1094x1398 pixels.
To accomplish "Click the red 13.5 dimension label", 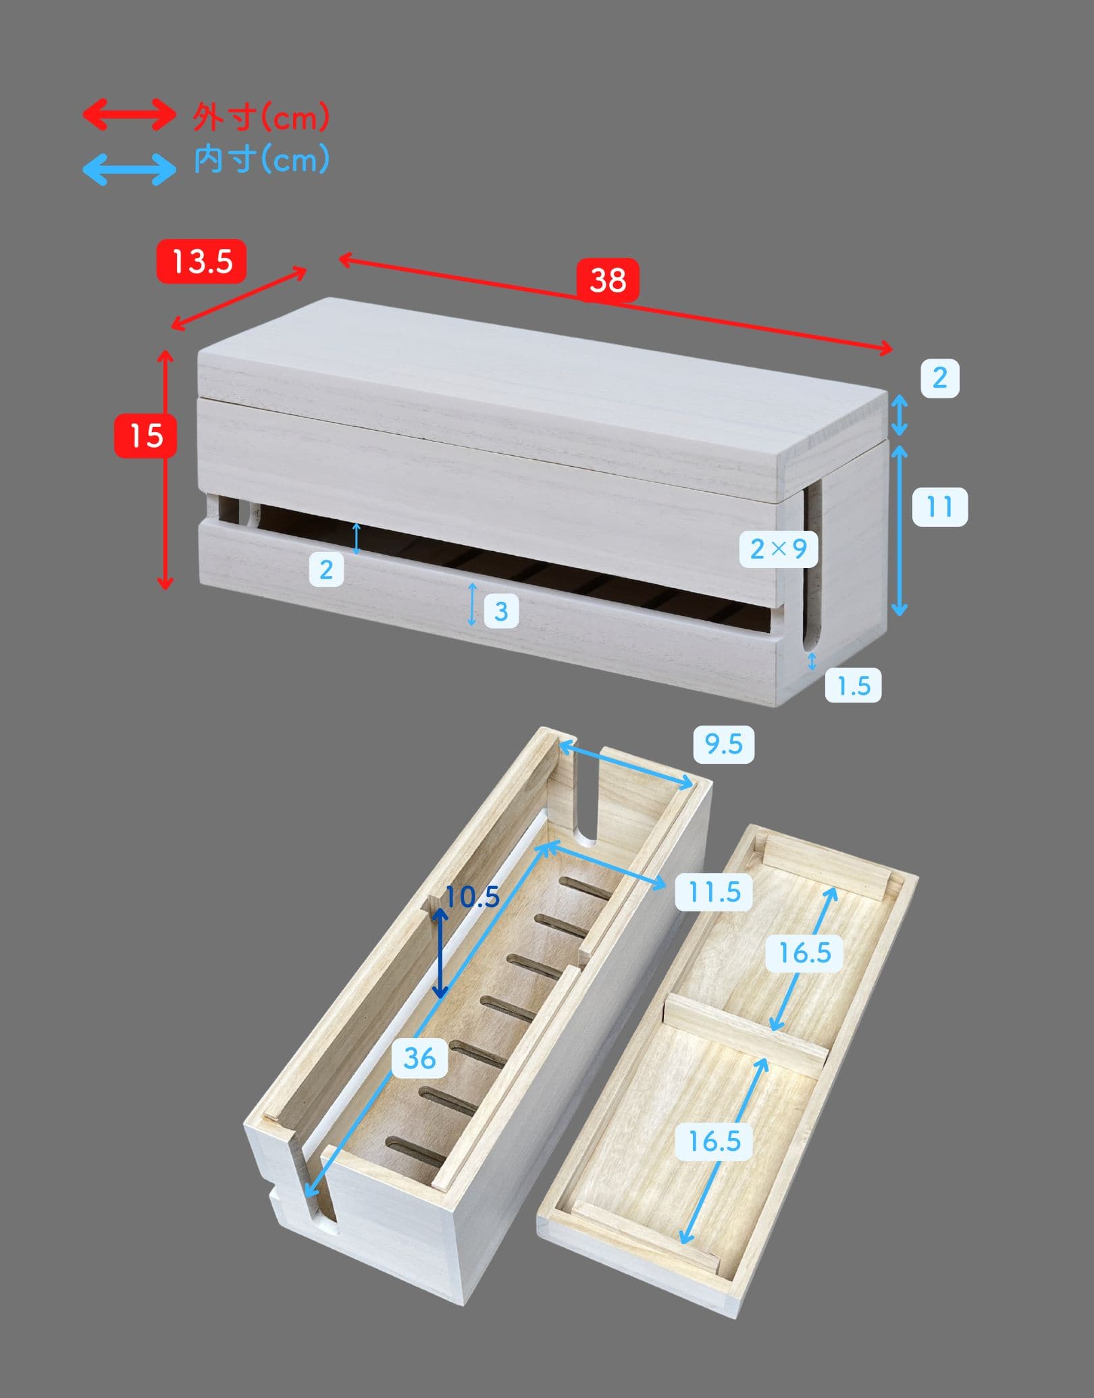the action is pos(201,261).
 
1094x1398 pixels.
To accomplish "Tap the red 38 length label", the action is pos(608,280).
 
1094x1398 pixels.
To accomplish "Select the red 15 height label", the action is pos(146,436).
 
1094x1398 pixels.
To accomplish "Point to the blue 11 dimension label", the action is pos(939,507).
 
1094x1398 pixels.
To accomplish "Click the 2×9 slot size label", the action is pos(779,548).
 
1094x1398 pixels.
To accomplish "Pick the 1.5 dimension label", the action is pos(854,686).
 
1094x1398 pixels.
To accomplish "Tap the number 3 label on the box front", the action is pos(501,611).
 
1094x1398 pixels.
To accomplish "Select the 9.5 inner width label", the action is pos(723,744).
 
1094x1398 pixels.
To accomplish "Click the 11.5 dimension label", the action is pos(714,892).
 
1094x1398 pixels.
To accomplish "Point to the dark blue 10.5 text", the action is pos(472,897).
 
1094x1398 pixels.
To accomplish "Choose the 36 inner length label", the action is pos(419,1058).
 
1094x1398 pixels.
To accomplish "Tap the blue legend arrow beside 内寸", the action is pos(129,169).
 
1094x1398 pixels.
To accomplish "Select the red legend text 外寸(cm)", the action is pos(261,117).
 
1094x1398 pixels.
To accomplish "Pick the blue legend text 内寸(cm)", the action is pos(261,160).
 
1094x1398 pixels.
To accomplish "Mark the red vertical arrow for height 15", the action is pos(165,469).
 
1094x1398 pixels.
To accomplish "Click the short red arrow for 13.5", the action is pos(239,299).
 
